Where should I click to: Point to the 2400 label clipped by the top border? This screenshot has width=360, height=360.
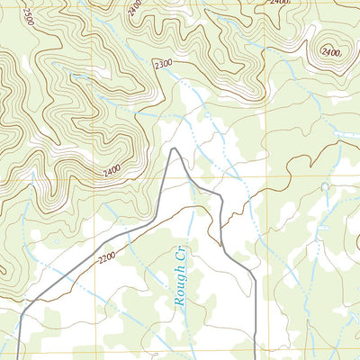(x=279, y=4)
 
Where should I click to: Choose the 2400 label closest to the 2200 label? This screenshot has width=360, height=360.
(x=106, y=171)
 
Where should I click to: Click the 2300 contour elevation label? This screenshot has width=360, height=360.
(x=162, y=65)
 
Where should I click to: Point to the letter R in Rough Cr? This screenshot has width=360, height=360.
(x=179, y=302)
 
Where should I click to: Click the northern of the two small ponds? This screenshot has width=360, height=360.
(x=326, y=186)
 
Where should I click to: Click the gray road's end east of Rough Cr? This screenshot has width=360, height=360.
(x=256, y=359)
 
